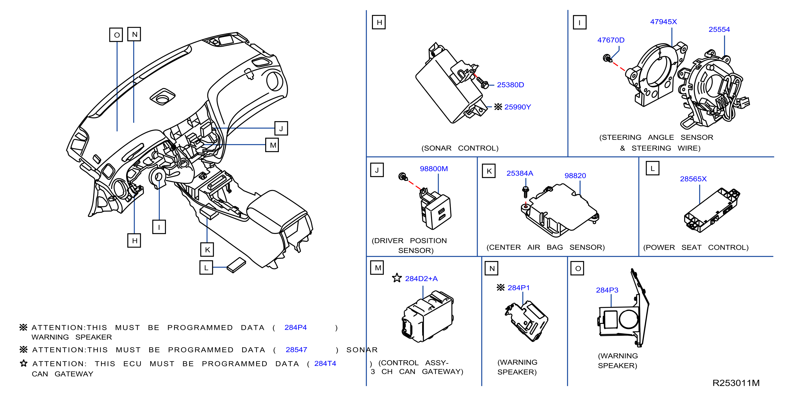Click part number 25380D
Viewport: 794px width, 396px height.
point(510,85)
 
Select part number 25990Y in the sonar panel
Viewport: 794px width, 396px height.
point(518,107)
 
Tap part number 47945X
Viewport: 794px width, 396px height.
point(663,22)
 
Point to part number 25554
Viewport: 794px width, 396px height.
point(719,30)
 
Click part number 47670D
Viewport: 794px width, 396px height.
point(611,40)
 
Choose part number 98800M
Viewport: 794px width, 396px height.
point(434,169)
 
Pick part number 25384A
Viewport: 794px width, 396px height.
point(520,173)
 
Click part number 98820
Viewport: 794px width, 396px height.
point(575,176)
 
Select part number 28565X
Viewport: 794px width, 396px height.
point(693,179)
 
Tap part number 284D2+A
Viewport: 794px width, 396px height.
point(421,279)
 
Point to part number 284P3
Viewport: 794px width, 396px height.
point(607,290)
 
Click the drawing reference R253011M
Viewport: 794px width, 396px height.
point(736,383)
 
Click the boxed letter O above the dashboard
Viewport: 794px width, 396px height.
point(117,35)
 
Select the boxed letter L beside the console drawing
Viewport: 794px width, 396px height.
point(206,267)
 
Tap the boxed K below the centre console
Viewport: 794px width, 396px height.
point(207,250)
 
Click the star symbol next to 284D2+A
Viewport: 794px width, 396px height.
point(397,278)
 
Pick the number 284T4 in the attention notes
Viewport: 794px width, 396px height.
point(325,363)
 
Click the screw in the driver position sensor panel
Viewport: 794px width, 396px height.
point(403,177)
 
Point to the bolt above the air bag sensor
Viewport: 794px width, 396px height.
point(526,192)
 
